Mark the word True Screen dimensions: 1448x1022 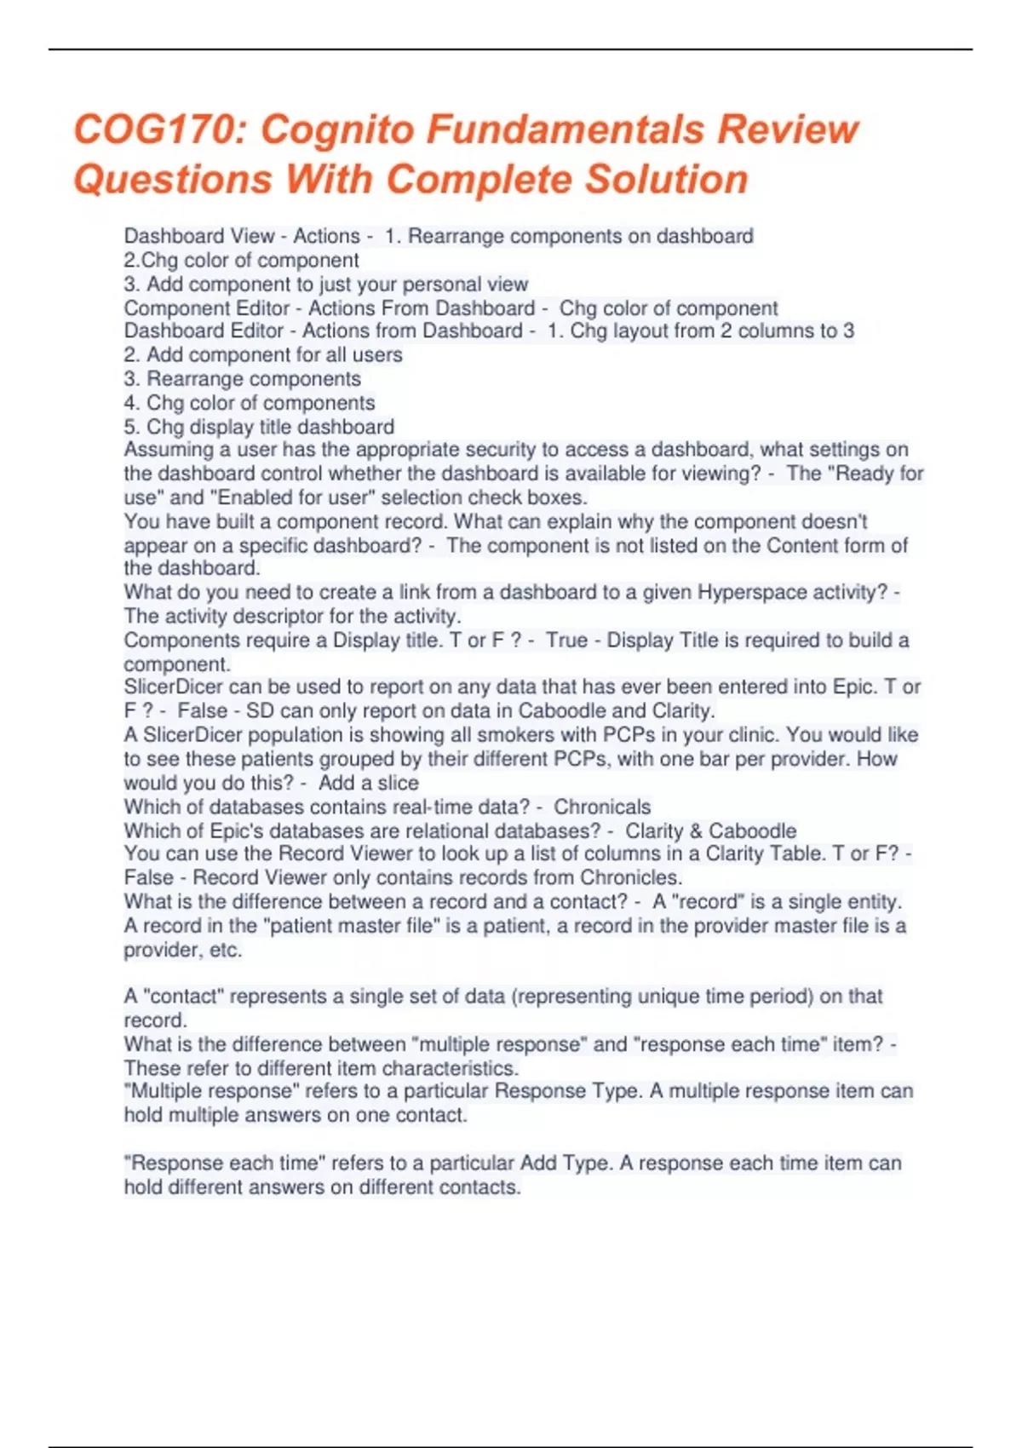click(x=567, y=640)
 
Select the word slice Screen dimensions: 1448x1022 click(x=398, y=783)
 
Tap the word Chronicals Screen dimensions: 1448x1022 click(x=602, y=807)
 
